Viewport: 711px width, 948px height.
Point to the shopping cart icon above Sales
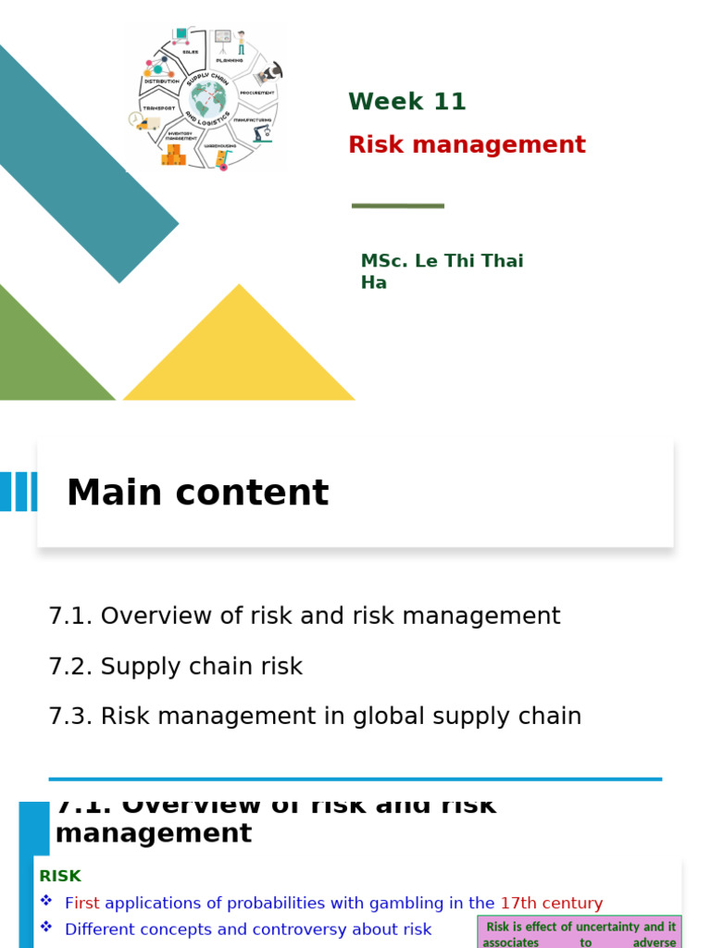pos(180,36)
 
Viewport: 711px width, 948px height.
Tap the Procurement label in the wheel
pos(256,94)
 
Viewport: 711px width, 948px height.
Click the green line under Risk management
pos(398,206)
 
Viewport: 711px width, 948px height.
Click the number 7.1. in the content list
pos(70,616)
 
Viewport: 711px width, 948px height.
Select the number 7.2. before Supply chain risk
pos(70,667)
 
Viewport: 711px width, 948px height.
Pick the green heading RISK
pos(60,876)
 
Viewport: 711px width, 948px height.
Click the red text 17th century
pos(551,903)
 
